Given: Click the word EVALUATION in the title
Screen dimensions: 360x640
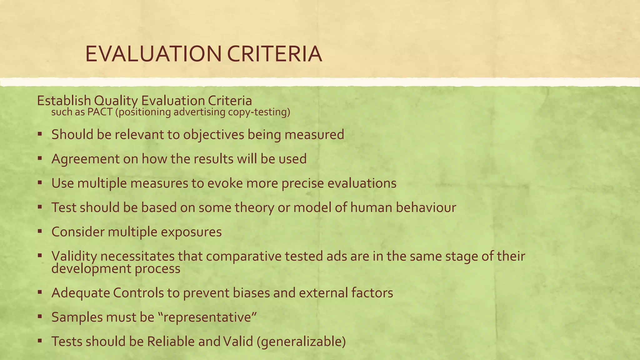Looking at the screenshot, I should pyautogui.click(x=153, y=54).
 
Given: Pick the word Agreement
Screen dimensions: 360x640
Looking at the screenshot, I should pyautogui.click(x=85, y=159).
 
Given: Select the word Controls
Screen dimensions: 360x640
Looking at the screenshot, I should pyautogui.click(x=138, y=293).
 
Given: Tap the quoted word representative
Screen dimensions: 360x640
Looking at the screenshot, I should pyautogui.click(x=207, y=317).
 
